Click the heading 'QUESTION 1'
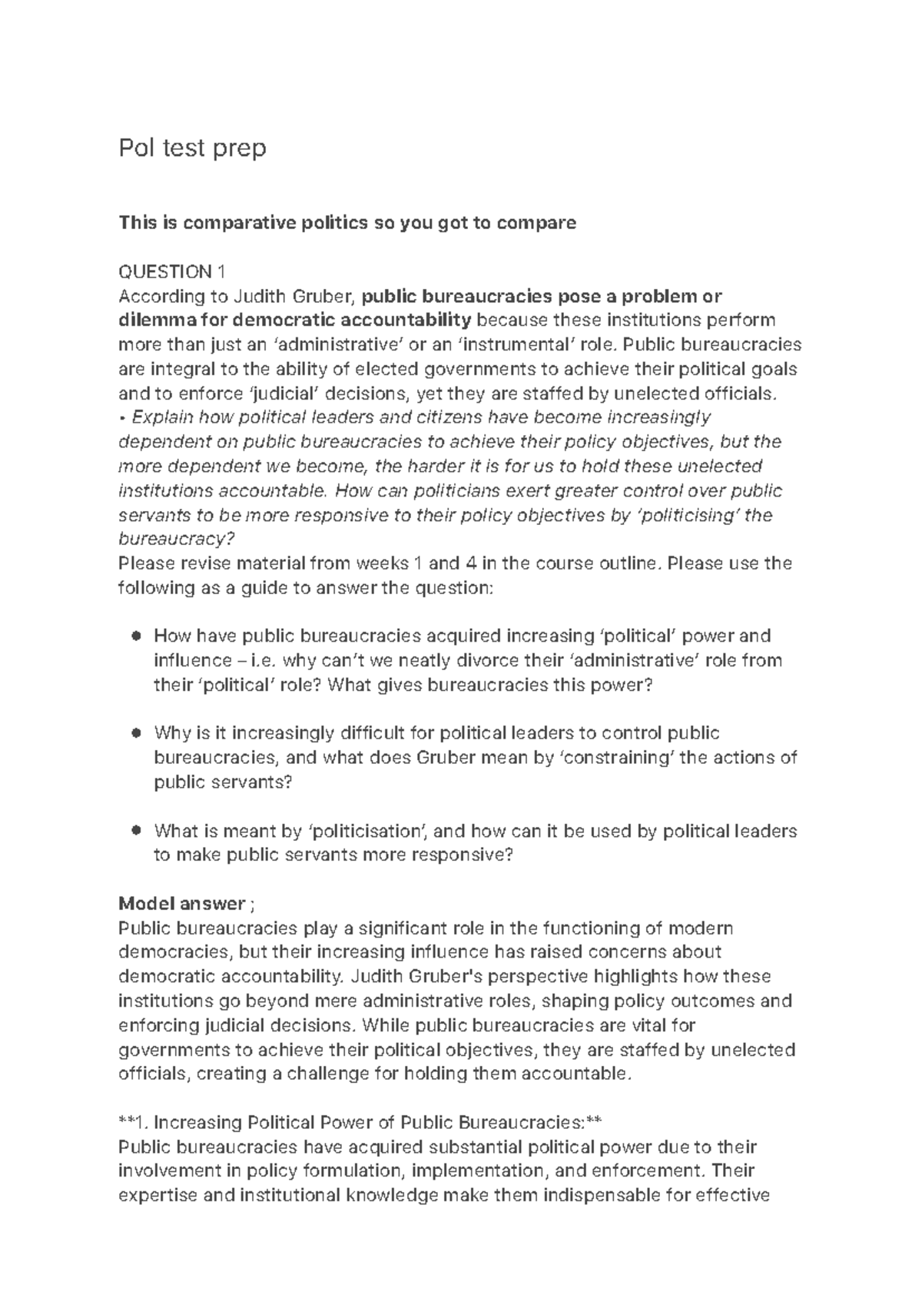(x=172, y=271)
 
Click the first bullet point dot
(x=136, y=636)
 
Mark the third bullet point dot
(x=136, y=830)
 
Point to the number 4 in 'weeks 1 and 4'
(x=469, y=563)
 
